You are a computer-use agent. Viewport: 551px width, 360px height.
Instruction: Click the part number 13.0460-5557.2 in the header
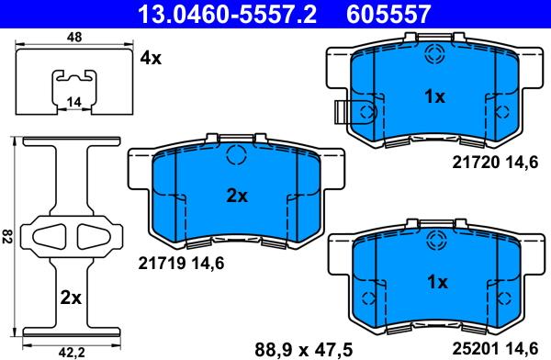point(227,14)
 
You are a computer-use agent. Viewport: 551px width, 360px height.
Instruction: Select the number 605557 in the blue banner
point(388,14)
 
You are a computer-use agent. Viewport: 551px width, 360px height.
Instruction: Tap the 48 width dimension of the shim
point(74,37)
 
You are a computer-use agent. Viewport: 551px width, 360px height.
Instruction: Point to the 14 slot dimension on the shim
point(73,102)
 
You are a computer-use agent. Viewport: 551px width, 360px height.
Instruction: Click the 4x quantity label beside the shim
point(151,58)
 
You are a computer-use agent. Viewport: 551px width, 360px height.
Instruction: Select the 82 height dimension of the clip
point(6,236)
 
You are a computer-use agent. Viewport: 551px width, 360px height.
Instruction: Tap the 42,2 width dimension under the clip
point(72,352)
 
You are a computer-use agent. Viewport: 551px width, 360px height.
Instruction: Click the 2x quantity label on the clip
point(71,298)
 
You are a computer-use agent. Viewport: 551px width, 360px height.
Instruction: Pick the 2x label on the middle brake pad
point(237,196)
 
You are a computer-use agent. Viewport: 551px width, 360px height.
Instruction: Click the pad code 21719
point(162,263)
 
